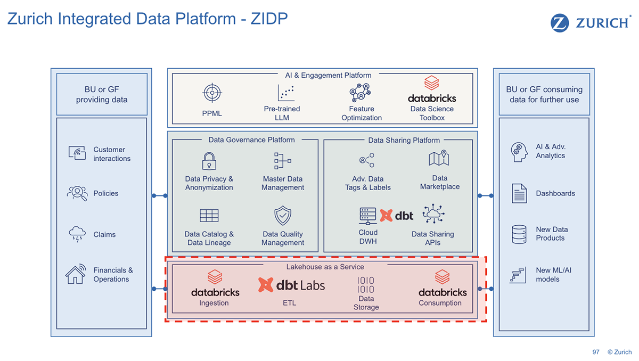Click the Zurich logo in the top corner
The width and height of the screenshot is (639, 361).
tap(591, 23)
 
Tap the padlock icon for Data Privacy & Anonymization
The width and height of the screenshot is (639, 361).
tap(209, 161)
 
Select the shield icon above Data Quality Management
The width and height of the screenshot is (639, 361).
tap(282, 216)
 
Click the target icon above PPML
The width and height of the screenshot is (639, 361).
tap(211, 93)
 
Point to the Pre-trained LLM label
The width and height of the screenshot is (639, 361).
tap(282, 113)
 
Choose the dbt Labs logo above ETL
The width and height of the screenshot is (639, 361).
tap(291, 285)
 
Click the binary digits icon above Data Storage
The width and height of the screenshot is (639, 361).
tap(365, 285)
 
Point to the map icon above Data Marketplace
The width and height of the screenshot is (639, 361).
tap(439, 159)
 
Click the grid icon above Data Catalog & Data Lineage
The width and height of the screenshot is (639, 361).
tap(209, 216)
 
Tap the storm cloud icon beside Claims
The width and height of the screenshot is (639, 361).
tap(77, 234)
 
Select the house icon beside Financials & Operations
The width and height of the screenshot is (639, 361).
tap(76, 274)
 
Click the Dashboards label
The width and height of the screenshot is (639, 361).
tap(555, 193)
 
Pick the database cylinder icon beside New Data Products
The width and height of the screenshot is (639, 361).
tap(519, 234)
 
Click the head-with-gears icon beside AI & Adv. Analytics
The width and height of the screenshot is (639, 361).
tap(519, 151)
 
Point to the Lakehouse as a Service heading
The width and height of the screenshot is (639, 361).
tap(325, 266)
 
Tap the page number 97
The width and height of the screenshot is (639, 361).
tap(596, 352)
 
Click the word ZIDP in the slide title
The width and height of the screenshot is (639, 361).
tap(269, 19)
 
